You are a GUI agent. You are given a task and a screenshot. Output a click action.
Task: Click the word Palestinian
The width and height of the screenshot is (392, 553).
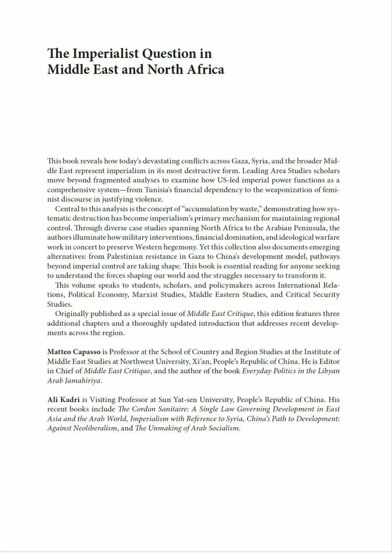[x=125, y=257]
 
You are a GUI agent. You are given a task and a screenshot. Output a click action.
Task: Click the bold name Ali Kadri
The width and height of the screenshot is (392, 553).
[x=63, y=399]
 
